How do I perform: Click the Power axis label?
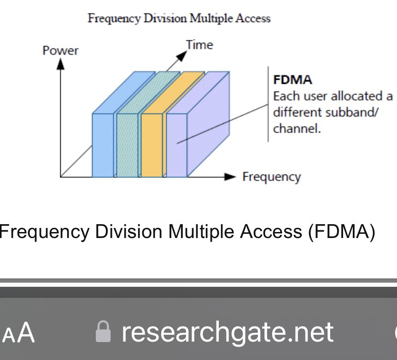[x=60, y=50]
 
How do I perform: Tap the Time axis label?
[x=199, y=45]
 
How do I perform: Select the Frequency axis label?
[x=271, y=177]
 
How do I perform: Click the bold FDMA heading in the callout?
[x=292, y=80]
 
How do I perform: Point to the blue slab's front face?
[x=103, y=145]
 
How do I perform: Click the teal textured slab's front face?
[x=127, y=145]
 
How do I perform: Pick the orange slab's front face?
[x=152, y=145]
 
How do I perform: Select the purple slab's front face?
[x=176, y=145]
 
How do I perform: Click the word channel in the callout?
[x=296, y=128]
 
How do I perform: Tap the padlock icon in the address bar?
[x=103, y=332]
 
